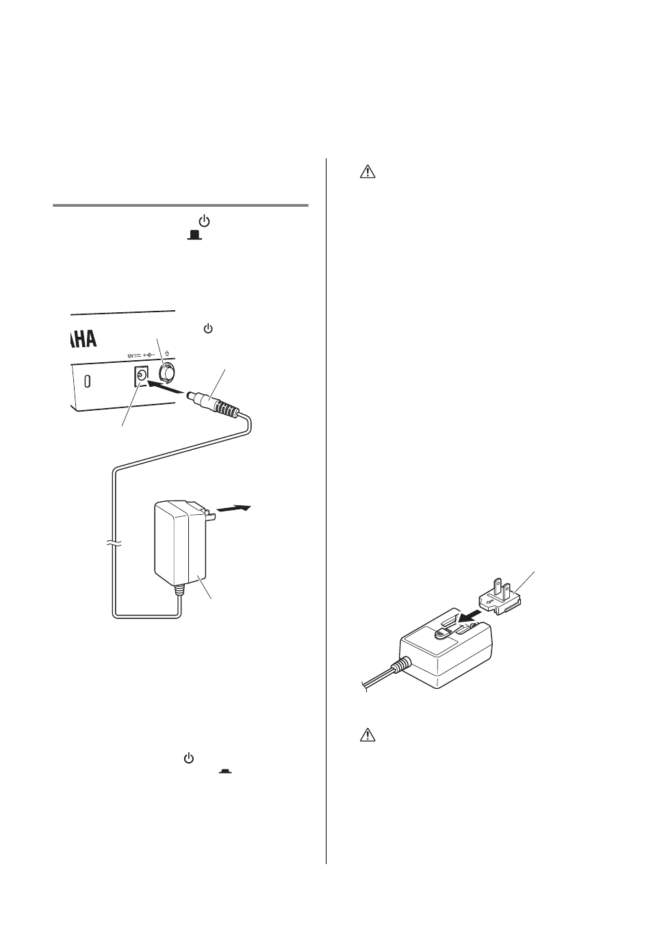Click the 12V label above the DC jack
(x=132, y=355)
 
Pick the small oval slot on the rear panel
(x=87, y=381)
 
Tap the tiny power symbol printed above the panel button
(x=167, y=356)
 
